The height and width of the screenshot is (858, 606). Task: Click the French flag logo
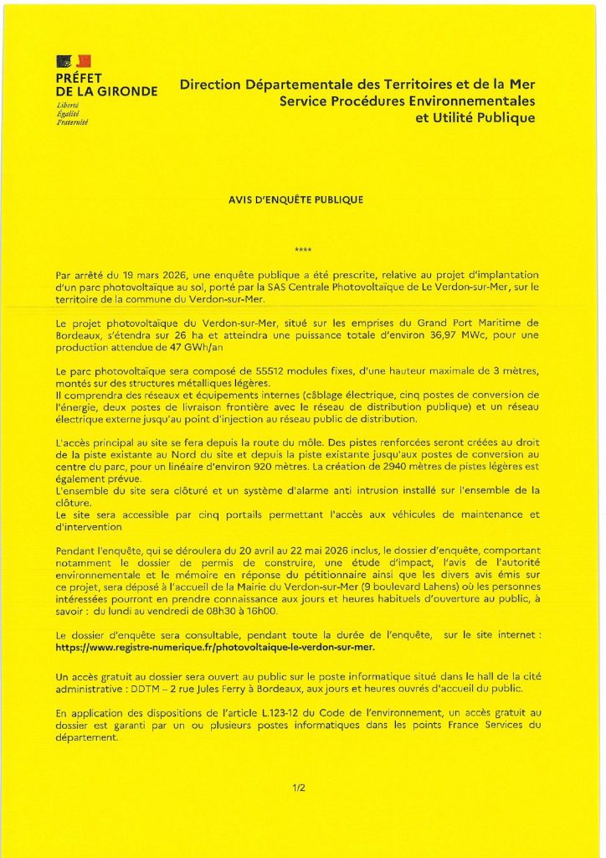[x=74, y=61]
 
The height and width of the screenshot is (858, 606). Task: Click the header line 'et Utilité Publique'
[x=475, y=118]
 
